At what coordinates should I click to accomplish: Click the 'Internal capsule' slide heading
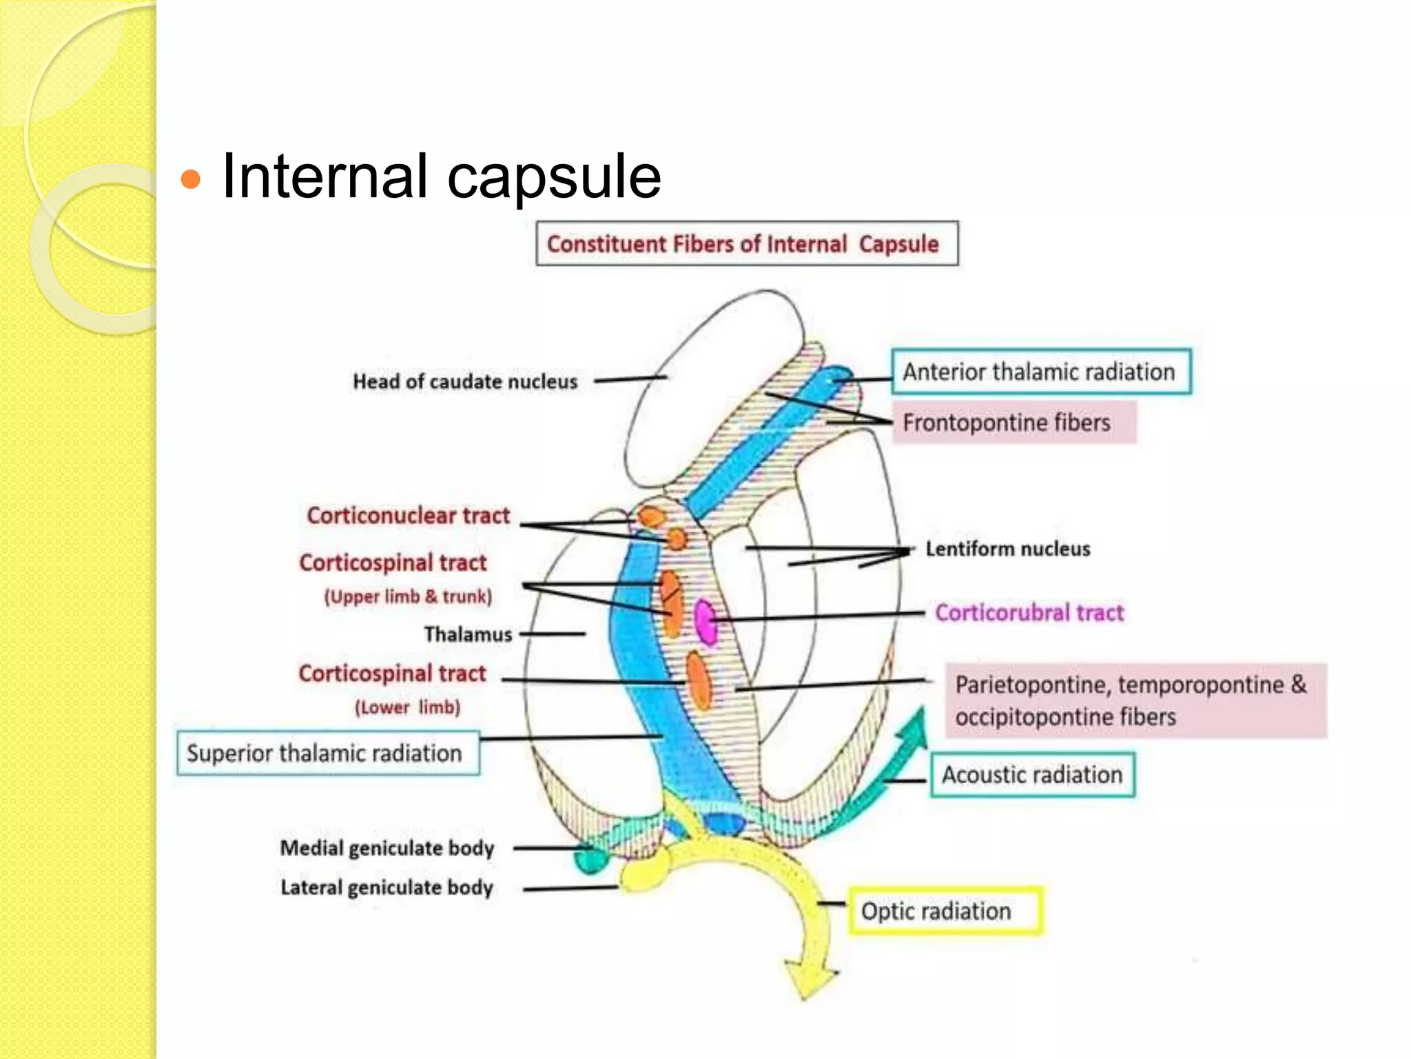coord(441,176)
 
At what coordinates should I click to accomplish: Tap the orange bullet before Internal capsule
coord(190,180)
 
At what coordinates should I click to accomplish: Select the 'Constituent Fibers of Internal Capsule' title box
coord(747,243)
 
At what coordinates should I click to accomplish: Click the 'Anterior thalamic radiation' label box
coord(1040,372)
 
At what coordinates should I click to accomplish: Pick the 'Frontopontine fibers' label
coord(1007,423)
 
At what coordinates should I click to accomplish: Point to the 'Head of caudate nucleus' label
coord(465,381)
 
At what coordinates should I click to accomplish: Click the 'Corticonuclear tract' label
coord(408,516)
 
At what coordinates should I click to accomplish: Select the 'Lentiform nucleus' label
coord(1007,549)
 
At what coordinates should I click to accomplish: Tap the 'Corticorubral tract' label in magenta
coord(1029,612)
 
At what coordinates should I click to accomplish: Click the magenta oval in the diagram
coord(705,621)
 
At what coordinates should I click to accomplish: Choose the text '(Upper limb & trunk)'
coord(408,596)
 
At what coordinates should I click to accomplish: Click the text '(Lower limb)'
coord(407,707)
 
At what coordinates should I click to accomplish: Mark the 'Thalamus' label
coord(468,634)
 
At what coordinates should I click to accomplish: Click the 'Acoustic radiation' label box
coord(1032,775)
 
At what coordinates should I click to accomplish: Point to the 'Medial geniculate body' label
coord(387,848)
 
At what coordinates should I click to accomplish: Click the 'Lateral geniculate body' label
coord(387,887)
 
